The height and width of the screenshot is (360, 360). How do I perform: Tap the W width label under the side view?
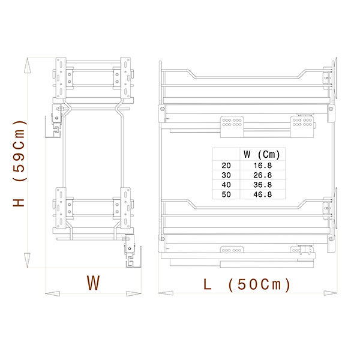[x=93, y=283]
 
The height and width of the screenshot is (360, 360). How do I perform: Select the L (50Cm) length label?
[x=247, y=284]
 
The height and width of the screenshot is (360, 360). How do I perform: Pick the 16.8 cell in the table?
[x=262, y=166]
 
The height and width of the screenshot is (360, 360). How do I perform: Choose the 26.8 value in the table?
[x=262, y=175]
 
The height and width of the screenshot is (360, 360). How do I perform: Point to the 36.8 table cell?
[x=262, y=185]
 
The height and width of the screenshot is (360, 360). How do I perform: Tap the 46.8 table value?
[x=262, y=194]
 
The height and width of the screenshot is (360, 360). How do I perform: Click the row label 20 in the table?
[x=226, y=166]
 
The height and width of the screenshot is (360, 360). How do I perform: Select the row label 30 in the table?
[x=226, y=175]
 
